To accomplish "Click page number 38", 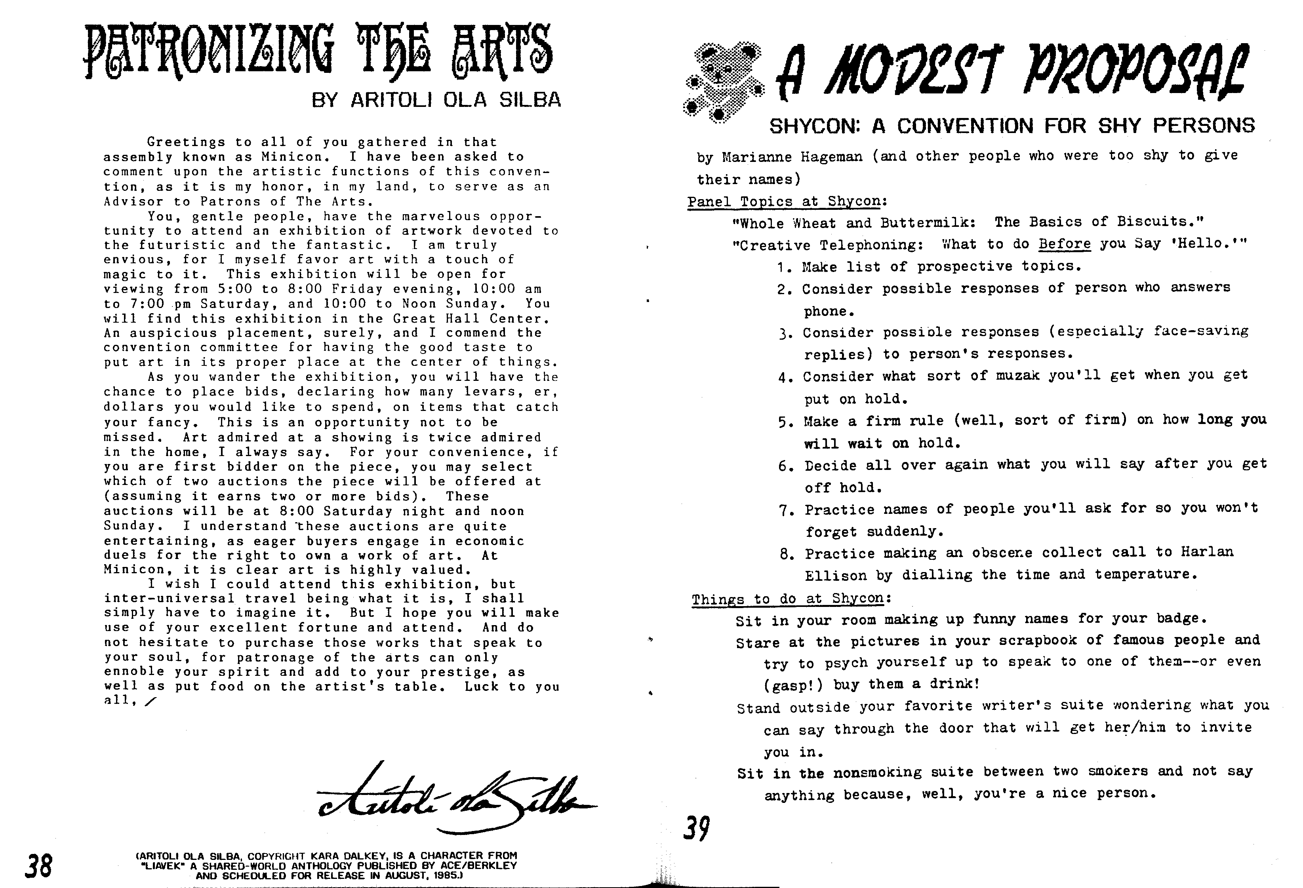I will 38,865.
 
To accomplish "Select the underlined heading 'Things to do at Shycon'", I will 788,599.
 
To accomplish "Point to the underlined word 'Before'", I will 1065,244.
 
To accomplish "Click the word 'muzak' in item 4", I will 1017,376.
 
